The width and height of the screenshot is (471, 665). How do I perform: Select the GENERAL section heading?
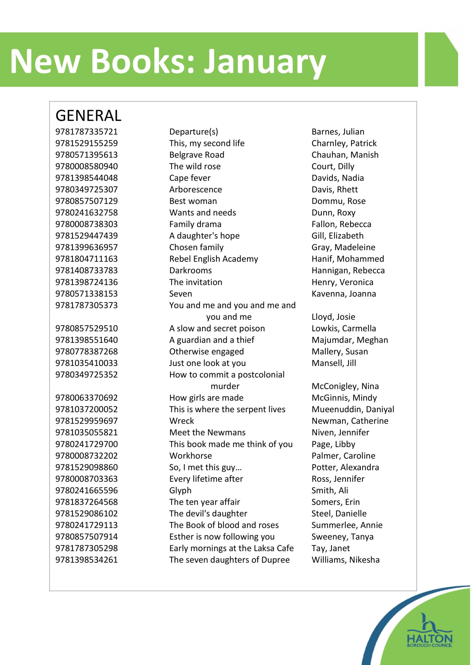point(88,116)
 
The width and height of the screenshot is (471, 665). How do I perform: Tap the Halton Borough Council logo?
point(430,636)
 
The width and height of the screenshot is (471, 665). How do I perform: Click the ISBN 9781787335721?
point(86,132)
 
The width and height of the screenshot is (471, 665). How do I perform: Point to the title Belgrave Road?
point(197,155)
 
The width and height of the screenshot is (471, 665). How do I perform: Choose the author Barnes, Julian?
point(338,132)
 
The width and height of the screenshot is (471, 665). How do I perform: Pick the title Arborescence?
point(196,190)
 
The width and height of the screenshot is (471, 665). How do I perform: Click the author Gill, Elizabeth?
point(337,236)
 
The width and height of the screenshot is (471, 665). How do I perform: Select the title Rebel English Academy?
point(214,259)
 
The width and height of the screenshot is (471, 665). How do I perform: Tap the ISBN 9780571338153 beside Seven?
point(86,294)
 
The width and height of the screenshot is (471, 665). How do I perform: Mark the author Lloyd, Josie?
point(333,317)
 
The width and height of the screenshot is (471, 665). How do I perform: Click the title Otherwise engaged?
point(207,352)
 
